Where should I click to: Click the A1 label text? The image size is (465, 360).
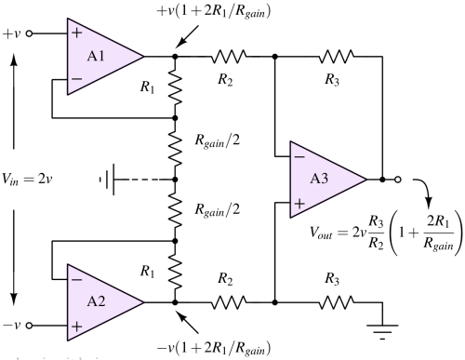coord(96,56)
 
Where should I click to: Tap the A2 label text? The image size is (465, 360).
coord(96,301)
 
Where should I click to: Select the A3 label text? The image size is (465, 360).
coord(319,179)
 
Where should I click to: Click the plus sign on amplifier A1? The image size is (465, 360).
coord(76,33)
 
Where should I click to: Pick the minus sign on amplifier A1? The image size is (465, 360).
coord(76,80)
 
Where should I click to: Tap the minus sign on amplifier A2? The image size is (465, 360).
coord(76,278)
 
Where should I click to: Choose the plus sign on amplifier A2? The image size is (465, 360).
coord(76,327)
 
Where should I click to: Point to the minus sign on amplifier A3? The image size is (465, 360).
coord(299,156)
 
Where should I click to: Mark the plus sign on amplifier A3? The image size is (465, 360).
coord(299,203)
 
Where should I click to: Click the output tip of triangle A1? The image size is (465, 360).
coord(143,57)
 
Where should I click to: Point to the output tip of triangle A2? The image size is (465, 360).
coord(143,301)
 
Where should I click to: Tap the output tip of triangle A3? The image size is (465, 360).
coord(366,179)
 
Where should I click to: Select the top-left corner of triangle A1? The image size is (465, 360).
coord(67,19)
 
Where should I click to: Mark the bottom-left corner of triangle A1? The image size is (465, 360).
coord(67,95)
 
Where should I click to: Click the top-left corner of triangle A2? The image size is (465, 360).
coord(67,263)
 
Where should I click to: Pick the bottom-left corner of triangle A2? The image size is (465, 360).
coord(67,340)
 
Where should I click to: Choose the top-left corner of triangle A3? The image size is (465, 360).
coord(290,141)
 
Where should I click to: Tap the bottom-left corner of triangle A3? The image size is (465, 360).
coord(290,218)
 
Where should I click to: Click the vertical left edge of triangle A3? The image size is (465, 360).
coord(290,180)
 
